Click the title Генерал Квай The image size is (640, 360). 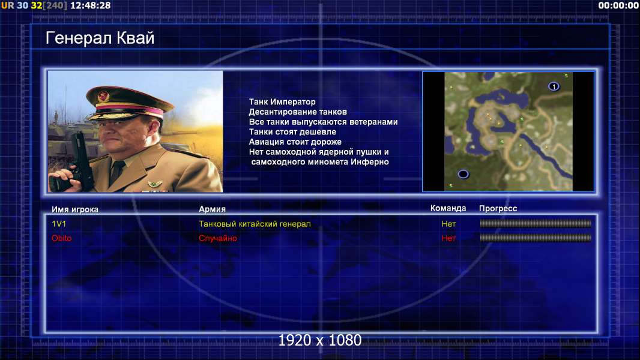[x=100, y=38]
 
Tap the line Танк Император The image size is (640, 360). [x=282, y=102]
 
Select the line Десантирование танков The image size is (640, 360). [x=298, y=112]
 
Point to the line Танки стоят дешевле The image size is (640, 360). [x=292, y=131]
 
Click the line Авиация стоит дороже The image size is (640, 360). [x=295, y=142]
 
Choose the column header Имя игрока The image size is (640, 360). [x=74, y=209]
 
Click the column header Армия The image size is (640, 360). [x=213, y=209]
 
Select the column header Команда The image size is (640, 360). [x=448, y=208]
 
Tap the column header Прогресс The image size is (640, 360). [x=498, y=209]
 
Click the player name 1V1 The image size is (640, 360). [x=59, y=224]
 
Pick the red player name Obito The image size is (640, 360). [x=62, y=238]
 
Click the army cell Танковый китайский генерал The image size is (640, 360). [x=255, y=224]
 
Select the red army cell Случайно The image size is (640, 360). [x=217, y=238]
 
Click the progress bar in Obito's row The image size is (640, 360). [x=536, y=238]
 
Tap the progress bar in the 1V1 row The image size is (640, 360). [x=536, y=223]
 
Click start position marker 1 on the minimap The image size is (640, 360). [x=554, y=86]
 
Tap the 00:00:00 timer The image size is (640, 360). [x=618, y=6]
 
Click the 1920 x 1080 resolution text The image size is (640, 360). [x=320, y=340]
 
